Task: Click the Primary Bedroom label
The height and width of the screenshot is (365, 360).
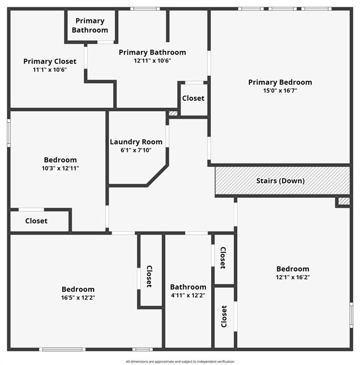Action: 280,82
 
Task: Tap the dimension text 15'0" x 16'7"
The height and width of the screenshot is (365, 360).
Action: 280,90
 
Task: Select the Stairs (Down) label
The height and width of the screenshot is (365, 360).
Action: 280,181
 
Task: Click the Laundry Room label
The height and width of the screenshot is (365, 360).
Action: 136,142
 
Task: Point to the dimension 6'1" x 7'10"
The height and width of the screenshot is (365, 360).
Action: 136,150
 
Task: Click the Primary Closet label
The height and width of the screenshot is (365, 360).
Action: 49,61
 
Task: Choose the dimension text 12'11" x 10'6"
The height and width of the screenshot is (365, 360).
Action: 152,60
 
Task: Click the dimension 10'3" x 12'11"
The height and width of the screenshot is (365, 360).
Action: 60,168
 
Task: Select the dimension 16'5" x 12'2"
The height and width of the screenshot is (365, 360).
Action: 78,298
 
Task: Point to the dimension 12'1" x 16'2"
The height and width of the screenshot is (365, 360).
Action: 293,277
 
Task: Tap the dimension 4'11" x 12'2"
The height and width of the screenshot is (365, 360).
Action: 188,295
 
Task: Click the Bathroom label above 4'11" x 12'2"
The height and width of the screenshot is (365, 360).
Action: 188,287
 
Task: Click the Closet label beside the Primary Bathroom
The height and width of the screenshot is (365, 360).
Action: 193,98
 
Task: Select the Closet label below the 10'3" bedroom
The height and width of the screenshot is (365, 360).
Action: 36,221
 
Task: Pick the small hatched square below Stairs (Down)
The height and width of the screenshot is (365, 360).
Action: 344,201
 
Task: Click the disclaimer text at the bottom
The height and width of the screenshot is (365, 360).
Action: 180,362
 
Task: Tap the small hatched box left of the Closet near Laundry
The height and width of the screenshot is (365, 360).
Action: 173,114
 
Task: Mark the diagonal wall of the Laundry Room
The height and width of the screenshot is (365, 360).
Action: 157,175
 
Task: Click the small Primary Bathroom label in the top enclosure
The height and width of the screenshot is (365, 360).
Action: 90,25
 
